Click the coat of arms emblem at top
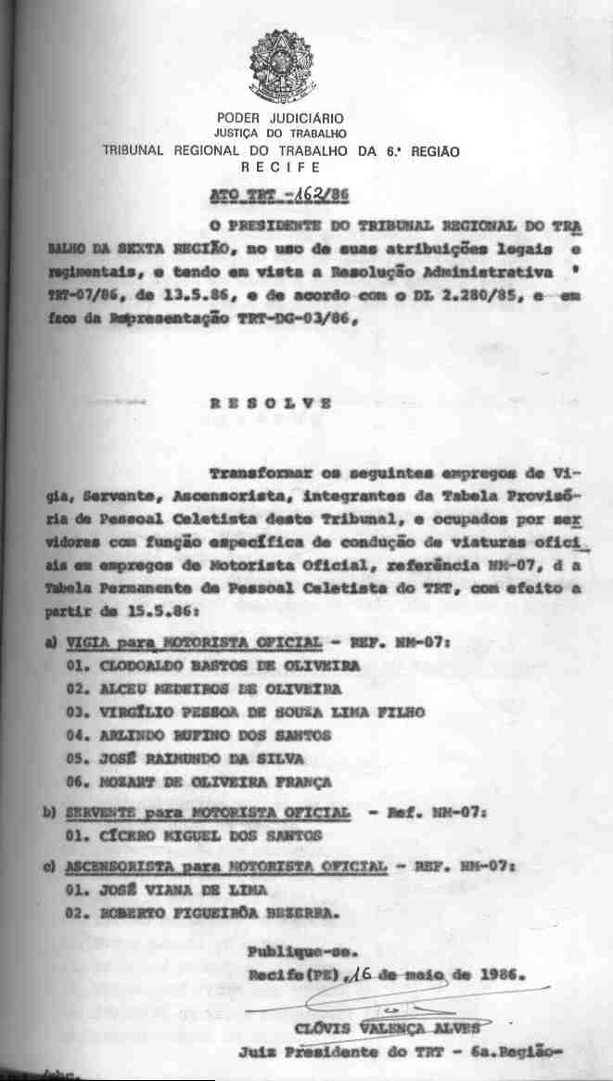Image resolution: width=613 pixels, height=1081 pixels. (x=280, y=67)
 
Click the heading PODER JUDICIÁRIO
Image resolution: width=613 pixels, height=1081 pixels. (x=280, y=118)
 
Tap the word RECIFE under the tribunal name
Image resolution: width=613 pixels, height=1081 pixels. (x=280, y=167)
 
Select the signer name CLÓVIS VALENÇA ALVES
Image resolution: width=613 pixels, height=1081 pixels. (x=387, y=1028)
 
